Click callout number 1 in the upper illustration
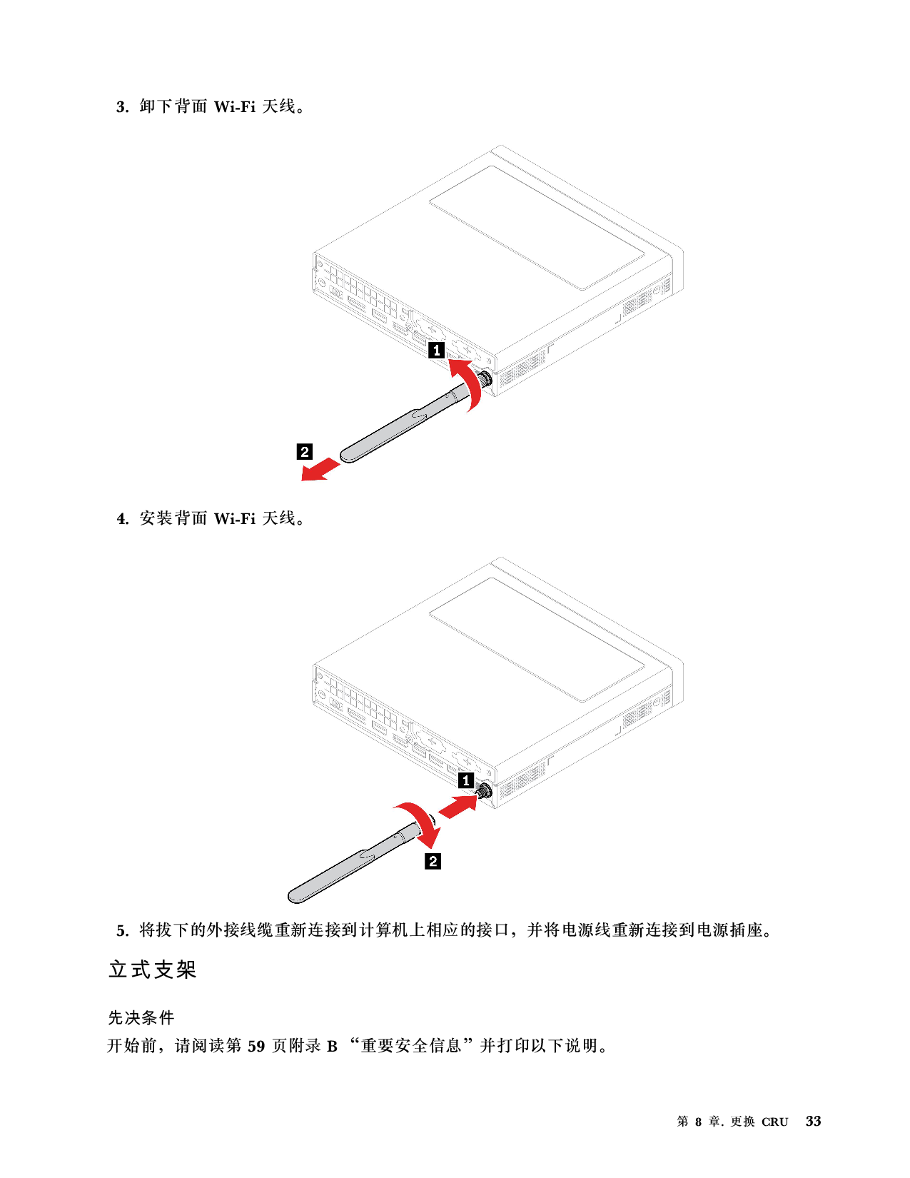pos(437,351)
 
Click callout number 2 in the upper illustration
pos(305,452)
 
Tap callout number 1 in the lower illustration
pos(465,780)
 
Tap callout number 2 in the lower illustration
pos(433,861)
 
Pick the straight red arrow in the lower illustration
pos(457,807)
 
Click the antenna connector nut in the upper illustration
pos(486,378)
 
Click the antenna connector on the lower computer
pos(485,791)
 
